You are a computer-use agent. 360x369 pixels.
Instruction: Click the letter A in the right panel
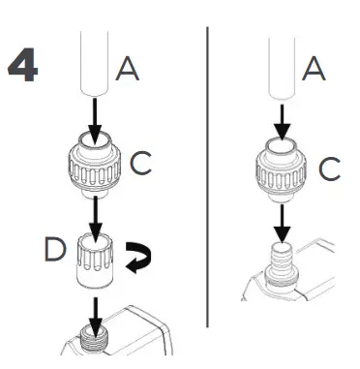[x=312, y=68]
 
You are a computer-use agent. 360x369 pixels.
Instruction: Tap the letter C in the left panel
[x=141, y=164]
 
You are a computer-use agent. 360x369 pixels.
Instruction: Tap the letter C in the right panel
[x=330, y=169]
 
